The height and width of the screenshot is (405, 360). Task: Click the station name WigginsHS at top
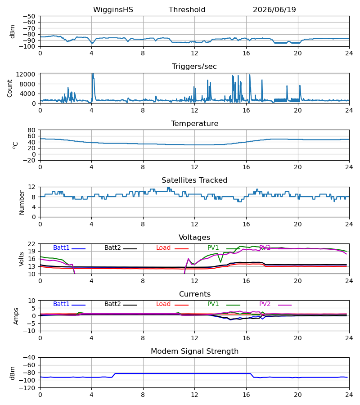(x=113, y=10)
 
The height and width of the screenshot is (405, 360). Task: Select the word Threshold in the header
(x=187, y=10)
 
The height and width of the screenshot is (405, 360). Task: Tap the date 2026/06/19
(x=274, y=10)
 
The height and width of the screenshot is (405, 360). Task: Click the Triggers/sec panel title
(x=194, y=67)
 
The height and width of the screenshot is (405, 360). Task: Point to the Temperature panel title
(x=194, y=123)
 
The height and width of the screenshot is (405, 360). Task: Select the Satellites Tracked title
(x=194, y=180)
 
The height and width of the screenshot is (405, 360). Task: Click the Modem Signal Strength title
(x=194, y=351)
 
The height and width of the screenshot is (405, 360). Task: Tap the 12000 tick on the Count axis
(x=26, y=74)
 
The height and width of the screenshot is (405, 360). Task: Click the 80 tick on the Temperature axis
(x=31, y=130)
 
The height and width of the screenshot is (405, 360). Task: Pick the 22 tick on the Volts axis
(x=31, y=244)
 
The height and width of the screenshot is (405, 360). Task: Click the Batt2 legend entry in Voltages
(x=121, y=247)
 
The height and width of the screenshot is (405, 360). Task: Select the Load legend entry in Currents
(x=172, y=304)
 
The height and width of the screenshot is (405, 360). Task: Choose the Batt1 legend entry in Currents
(x=69, y=304)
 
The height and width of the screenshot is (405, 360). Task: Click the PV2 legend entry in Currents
(x=275, y=304)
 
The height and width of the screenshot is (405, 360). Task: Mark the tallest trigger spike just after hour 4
(x=93, y=74)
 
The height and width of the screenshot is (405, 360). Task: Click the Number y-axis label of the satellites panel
(x=22, y=202)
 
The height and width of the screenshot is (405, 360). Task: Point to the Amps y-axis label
(x=16, y=316)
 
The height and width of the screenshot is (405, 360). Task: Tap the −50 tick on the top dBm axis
(x=29, y=16)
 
